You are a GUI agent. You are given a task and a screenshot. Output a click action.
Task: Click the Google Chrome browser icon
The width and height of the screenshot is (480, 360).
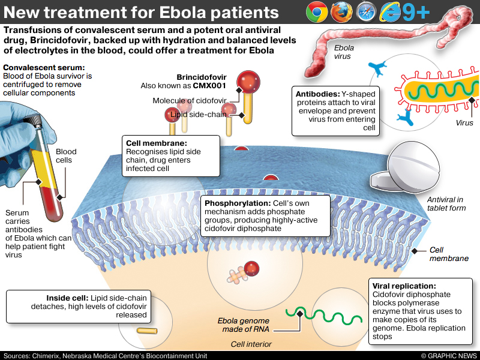point(316,12)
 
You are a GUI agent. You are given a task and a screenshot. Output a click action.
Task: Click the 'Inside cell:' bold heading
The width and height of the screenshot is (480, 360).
point(67,298)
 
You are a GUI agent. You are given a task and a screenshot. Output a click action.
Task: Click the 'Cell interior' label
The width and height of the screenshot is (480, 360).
point(251,344)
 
